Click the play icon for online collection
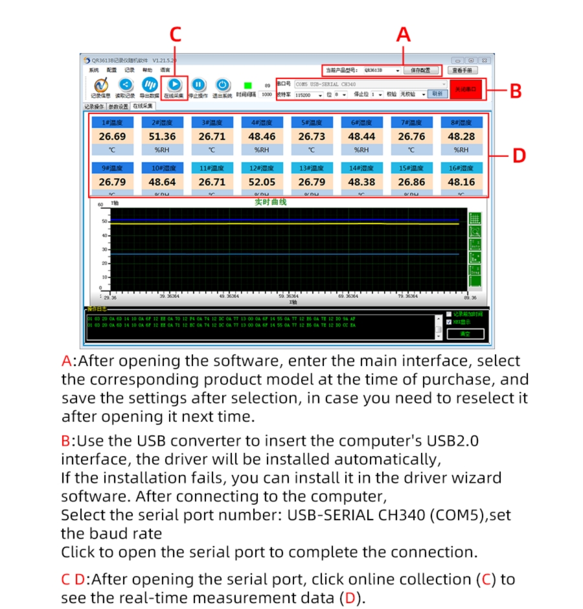(174, 84)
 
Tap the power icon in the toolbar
(222, 84)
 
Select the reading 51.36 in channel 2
(162, 137)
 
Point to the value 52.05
(262, 183)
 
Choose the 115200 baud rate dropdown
(308, 95)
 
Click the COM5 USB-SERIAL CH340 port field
(370, 84)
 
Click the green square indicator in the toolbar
(247, 85)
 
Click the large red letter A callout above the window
(404, 35)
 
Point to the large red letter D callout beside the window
(519, 156)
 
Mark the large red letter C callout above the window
(175, 35)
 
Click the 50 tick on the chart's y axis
(104, 222)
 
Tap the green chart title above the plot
(270, 203)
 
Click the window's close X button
(483, 60)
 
